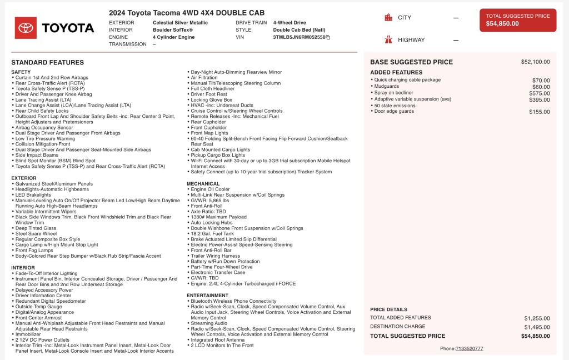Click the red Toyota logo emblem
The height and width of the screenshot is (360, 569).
coord(26,28)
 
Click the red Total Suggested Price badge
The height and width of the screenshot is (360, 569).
coord(517,20)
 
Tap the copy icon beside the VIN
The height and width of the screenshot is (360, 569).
coord(328,37)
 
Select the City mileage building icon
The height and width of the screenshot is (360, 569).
coord(388,18)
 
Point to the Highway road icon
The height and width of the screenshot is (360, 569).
coord(388,39)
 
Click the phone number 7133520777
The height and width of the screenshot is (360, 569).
coord(469,348)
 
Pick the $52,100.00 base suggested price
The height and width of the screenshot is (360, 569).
coord(535,62)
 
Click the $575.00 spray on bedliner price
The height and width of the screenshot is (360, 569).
coord(540,93)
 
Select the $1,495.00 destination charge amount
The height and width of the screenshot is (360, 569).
coord(537,327)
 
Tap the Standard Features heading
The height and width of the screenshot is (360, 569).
coord(48,63)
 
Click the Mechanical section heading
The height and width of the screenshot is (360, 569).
coord(203,183)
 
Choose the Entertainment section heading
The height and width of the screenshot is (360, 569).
coord(208,296)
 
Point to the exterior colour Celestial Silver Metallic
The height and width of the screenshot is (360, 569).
coord(180,23)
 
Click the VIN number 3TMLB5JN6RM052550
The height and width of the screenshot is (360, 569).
coord(299,37)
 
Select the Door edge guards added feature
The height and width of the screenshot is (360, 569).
coord(394,111)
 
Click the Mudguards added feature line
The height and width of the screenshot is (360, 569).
coord(387,87)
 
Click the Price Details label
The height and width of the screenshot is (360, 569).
coord(388,309)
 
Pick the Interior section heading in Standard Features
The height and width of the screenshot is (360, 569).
coord(23,268)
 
